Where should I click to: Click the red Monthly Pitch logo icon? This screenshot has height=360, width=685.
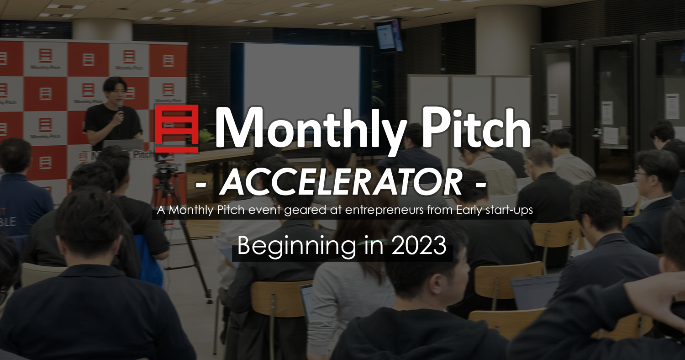coord(177,128)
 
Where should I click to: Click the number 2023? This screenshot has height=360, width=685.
coord(419,246)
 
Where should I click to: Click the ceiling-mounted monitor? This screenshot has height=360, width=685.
coord(388,36)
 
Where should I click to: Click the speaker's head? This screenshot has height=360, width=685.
coord(115,89)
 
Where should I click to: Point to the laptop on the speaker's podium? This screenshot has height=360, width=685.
coord(123,145)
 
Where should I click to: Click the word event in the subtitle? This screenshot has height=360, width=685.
coord(264,211)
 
